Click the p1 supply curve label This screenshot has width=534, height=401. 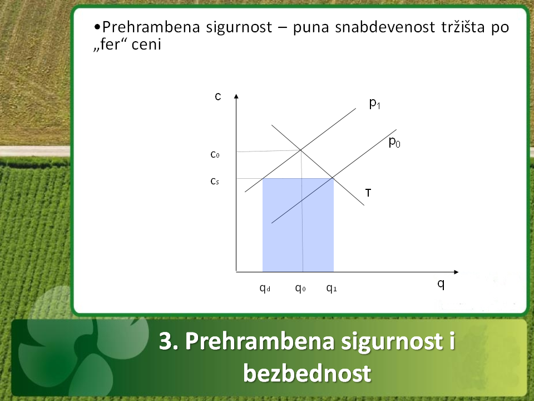coord(374,104)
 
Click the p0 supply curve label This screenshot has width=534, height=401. coord(394,142)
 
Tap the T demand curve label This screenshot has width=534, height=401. coord(368,193)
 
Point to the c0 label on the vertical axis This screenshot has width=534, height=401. coord(215,154)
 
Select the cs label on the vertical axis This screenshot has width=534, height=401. coord(215,181)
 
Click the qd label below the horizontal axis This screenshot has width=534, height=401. coord(265,288)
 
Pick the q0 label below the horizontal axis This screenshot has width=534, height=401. coord(300,288)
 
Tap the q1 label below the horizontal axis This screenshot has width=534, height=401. coord(332,288)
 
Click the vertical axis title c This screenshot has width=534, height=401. coord(218,96)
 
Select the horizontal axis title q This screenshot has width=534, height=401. coord(441,283)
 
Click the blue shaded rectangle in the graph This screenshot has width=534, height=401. coord(298,225)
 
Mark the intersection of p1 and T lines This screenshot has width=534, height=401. coord(300,150)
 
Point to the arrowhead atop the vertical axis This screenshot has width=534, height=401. coord(236,96)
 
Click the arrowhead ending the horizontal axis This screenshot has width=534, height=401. coord(456,272)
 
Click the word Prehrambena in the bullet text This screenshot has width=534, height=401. coord(151,27)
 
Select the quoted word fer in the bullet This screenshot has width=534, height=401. coord(110,45)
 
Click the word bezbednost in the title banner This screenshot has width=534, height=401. coord(307,373)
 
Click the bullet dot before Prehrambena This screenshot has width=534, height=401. coord(97,27)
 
